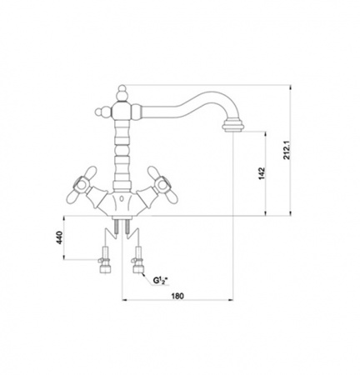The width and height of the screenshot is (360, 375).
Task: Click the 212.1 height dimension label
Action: (x=287, y=150)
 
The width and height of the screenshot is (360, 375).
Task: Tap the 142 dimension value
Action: (x=262, y=173)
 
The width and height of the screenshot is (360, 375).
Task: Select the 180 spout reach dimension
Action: (x=177, y=296)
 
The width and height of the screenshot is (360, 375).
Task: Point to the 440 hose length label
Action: (x=59, y=237)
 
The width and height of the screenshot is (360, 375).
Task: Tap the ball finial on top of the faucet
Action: (x=122, y=90)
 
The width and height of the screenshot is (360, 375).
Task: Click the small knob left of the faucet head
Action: (x=99, y=112)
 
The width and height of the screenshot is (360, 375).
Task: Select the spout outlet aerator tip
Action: (x=233, y=127)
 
